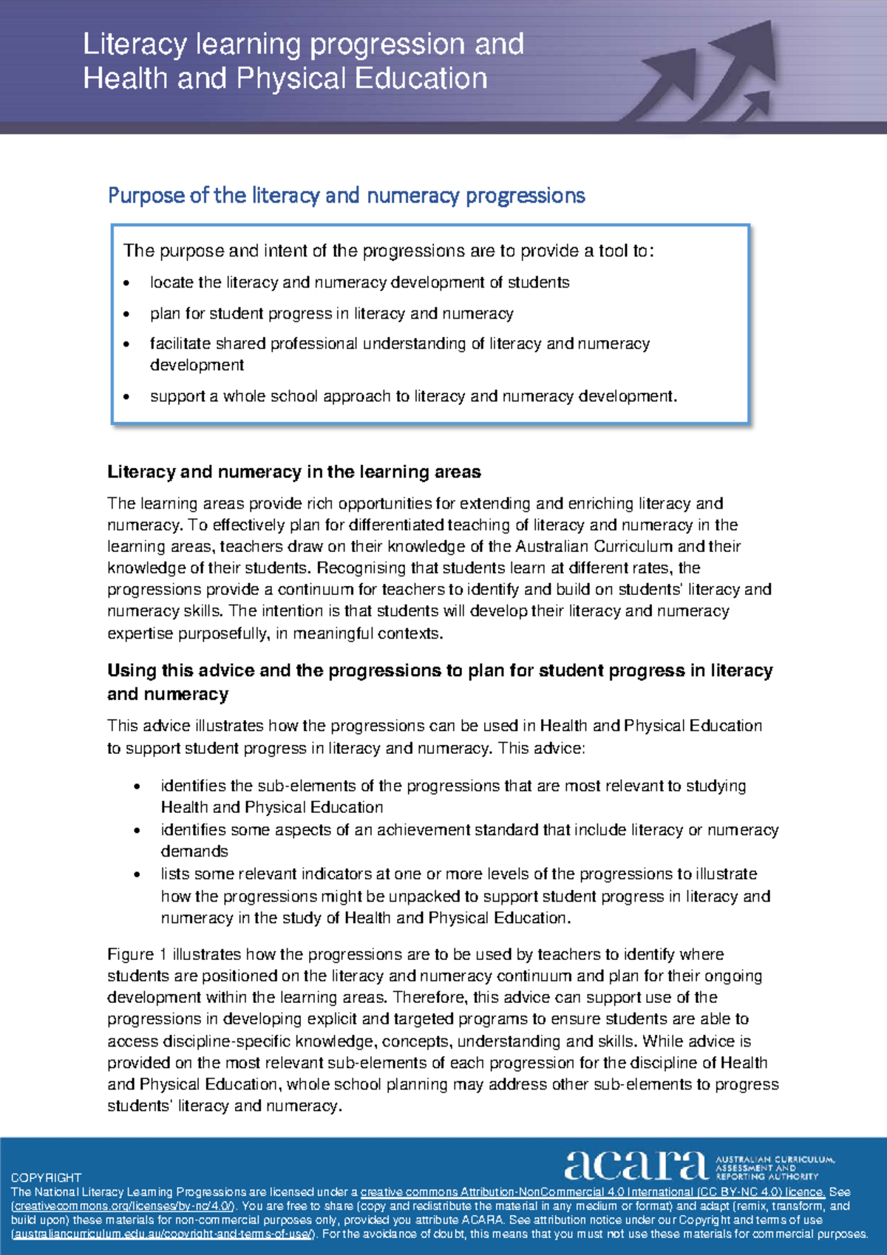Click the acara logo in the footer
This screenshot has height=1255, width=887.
pyautogui.click(x=636, y=1165)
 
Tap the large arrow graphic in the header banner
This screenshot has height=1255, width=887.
pyautogui.click(x=710, y=74)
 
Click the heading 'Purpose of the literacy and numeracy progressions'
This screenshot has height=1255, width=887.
pyautogui.click(x=346, y=196)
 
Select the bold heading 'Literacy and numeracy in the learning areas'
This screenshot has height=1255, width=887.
pyautogui.click(x=293, y=472)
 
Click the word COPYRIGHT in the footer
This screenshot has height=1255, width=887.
pyautogui.click(x=46, y=1177)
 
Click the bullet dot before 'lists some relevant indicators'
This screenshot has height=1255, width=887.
pyautogui.click(x=137, y=874)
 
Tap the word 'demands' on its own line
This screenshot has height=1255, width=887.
pyautogui.click(x=194, y=851)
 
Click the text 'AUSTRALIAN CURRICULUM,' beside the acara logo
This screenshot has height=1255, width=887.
pyautogui.click(x=775, y=1159)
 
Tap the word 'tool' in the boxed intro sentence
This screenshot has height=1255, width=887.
pyautogui.click(x=613, y=251)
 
